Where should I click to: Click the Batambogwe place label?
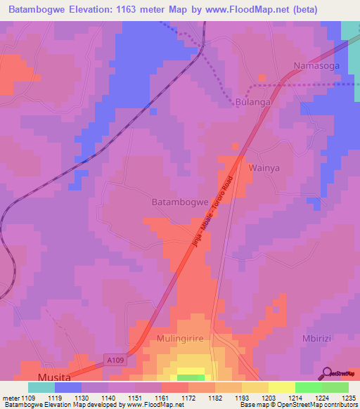pos(181,202)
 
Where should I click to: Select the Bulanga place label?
pos(253,102)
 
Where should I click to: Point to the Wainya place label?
pos(264,168)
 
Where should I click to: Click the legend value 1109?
pos(28,398)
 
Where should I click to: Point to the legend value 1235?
pos(348,398)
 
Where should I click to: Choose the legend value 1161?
pos(161,398)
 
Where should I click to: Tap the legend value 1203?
pos(267,398)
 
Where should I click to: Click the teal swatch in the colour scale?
pos(41,387)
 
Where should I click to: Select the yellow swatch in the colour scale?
pos(281,387)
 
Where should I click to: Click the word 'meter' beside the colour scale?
pos(10,398)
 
